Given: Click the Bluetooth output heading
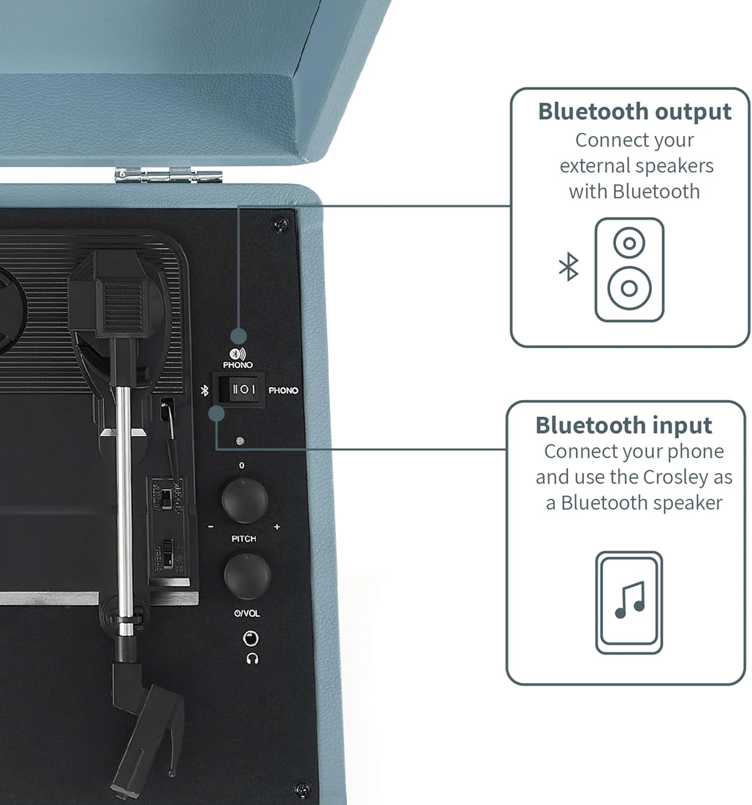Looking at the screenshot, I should [x=634, y=112].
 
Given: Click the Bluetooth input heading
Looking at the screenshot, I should [x=624, y=425].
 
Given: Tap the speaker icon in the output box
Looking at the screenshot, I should [x=629, y=269].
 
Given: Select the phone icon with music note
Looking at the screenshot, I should [x=629, y=602].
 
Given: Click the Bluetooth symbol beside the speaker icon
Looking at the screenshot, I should [x=568, y=267].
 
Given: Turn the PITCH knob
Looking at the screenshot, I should [x=244, y=500].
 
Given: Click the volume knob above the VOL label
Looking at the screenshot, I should [x=247, y=576].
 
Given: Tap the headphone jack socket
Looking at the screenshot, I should [x=251, y=639].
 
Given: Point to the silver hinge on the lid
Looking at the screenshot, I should [x=168, y=175].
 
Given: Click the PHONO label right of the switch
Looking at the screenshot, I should [x=283, y=391].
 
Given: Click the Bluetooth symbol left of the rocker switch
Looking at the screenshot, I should [x=204, y=391].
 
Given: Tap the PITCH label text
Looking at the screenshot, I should [x=244, y=538].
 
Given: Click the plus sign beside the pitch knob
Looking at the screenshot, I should [x=277, y=527].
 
